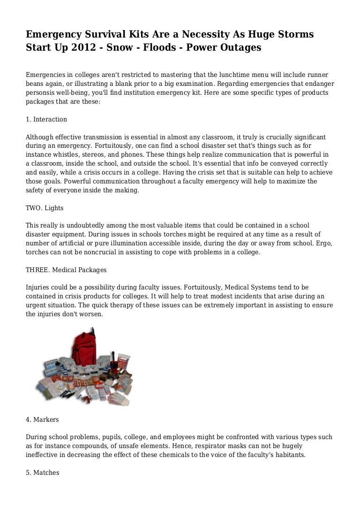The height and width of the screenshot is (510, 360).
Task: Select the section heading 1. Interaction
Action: pos(46,119)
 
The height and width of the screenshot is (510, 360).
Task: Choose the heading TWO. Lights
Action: pos(45,208)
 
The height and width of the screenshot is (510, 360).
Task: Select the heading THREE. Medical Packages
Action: pos(66,270)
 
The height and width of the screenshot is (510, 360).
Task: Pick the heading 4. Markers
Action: pos(42,419)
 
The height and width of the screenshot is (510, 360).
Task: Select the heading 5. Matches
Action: pos(43,472)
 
